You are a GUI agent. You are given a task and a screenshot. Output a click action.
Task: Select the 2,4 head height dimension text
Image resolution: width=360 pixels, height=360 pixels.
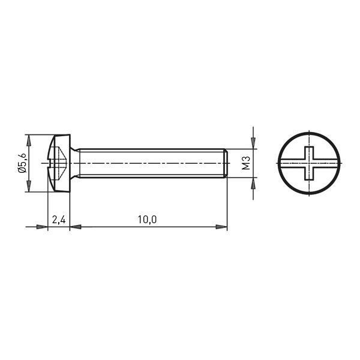click(59, 220)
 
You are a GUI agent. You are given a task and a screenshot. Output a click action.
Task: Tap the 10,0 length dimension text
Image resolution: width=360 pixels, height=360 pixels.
click(147, 220)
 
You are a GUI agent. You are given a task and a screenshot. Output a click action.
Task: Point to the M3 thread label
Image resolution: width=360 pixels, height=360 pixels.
click(246, 163)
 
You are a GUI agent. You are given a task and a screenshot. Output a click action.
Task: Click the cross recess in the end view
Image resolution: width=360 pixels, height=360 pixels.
click(309, 163)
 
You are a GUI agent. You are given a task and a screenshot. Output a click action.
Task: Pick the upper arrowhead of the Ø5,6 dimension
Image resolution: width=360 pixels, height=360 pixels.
click(28, 140)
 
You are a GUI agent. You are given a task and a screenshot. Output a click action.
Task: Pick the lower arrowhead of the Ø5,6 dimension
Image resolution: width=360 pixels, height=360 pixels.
click(28, 186)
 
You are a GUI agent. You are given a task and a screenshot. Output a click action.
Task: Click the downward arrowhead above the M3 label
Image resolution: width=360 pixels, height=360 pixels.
click(253, 143)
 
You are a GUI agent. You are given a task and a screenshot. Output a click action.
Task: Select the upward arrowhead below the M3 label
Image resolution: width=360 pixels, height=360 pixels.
click(253, 183)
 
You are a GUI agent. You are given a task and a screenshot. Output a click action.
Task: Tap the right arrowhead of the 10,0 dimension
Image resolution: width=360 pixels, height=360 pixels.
click(221, 227)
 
